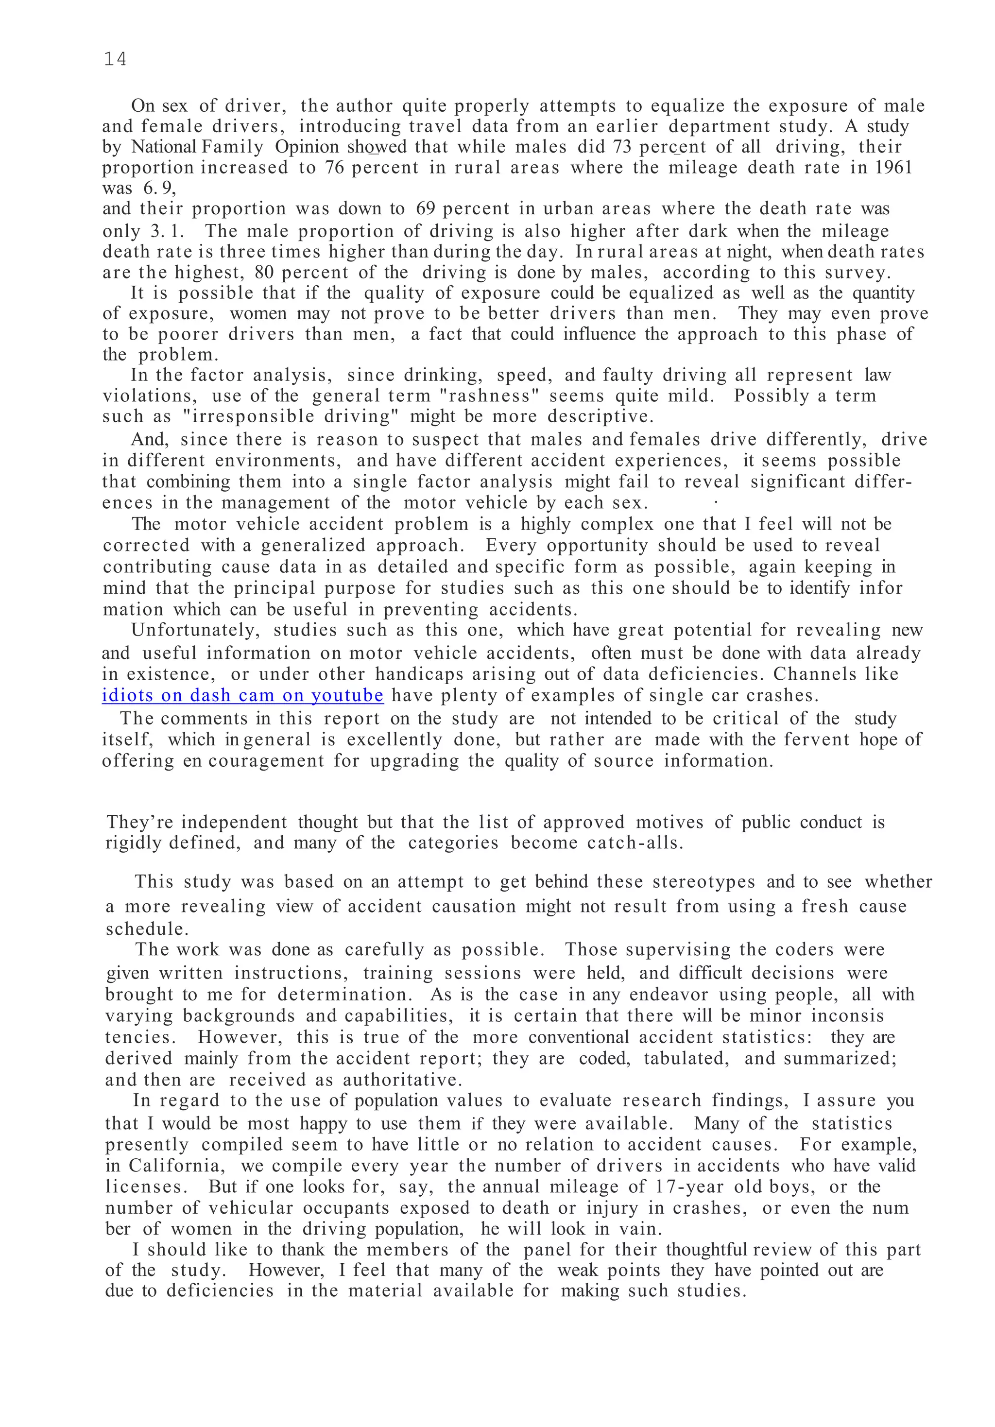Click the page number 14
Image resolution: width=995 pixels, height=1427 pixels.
click(x=115, y=59)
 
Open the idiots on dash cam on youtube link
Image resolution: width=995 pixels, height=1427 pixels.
click(x=242, y=695)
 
